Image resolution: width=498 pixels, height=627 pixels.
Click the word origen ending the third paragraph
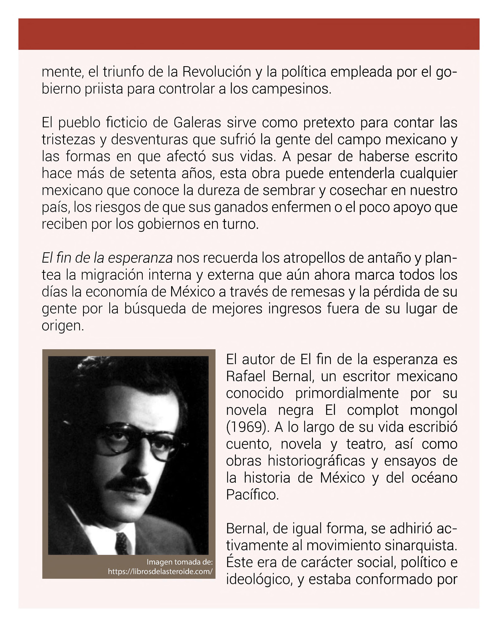[x=62, y=326]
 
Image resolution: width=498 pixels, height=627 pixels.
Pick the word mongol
[x=433, y=410]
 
